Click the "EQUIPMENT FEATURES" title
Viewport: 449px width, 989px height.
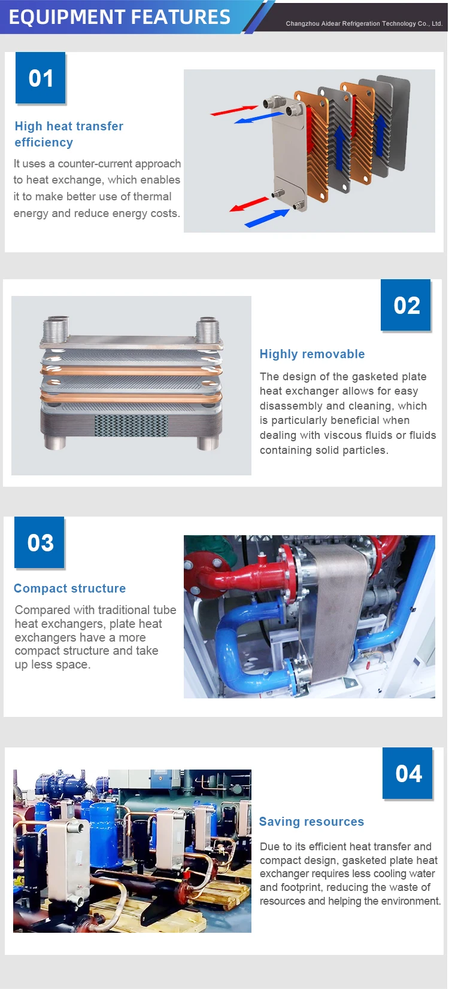click(x=119, y=17)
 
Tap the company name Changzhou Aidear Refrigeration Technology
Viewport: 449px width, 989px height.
click(x=364, y=24)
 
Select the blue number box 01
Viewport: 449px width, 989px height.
click(x=41, y=78)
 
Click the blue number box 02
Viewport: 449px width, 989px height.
click(x=406, y=306)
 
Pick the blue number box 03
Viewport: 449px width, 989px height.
click(x=40, y=543)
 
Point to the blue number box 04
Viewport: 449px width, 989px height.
click(x=408, y=774)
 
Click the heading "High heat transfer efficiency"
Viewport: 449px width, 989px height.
click(x=68, y=134)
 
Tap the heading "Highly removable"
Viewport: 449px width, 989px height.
click(x=312, y=354)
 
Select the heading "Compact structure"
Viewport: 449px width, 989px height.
click(x=69, y=588)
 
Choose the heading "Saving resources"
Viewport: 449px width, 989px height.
click(x=311, y=822)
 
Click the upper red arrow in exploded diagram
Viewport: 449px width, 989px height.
click(x=233, y=111)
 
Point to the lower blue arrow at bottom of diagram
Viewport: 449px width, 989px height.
click(x=266, y=218)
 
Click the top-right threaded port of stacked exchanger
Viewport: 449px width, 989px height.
click(x=208, y=328)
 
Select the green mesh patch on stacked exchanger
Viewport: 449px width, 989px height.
click(x=131, y=425)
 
